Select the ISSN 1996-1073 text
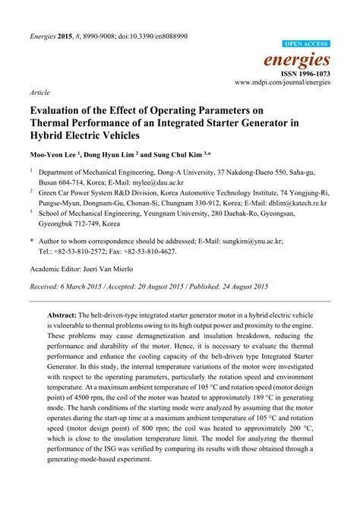tap(308, 73)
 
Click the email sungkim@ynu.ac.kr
tap(255, 240)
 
